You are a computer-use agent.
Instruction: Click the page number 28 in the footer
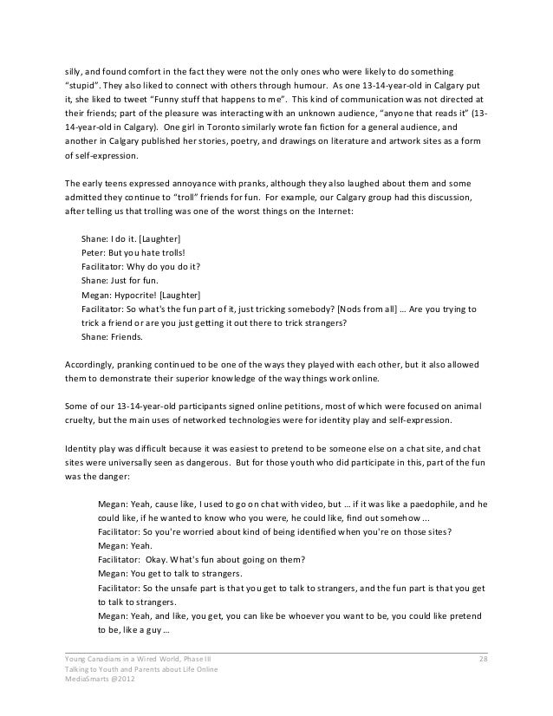pos(484,662)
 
